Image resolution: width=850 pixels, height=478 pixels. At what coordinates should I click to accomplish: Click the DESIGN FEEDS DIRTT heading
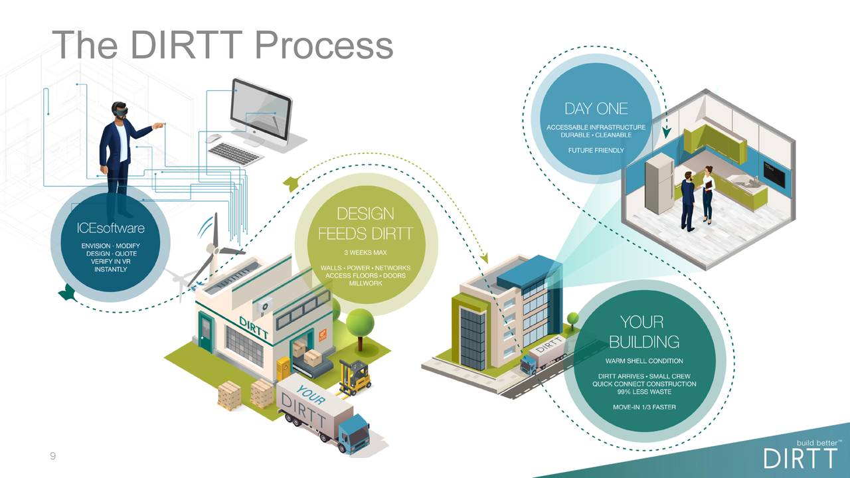point(365,224)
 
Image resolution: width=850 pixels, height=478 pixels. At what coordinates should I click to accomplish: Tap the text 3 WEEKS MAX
point(365,253)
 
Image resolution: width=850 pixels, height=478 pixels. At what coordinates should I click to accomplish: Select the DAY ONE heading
point(596,109)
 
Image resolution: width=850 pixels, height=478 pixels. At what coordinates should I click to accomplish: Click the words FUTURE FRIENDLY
point(596,151)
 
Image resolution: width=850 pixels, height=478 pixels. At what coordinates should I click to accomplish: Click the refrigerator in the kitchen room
point(659,183)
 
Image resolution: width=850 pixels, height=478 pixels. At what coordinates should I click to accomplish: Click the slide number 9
point(53,456)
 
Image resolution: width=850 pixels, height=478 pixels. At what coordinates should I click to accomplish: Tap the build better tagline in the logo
point(818,442)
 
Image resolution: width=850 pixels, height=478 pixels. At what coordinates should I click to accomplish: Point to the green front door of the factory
point(206,333)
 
